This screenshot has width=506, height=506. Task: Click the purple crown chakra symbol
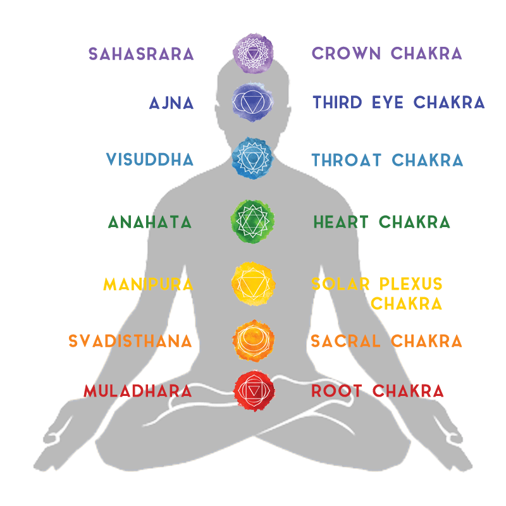(x=253, y=53)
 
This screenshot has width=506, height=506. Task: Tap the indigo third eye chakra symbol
(x=253, y=102)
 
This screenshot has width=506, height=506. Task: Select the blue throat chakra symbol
(x=252, y=158)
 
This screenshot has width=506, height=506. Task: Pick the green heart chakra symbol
(x=252, y=221)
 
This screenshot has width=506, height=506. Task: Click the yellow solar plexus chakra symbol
(x=254, y=284)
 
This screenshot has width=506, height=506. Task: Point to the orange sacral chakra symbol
(x=254, y=340)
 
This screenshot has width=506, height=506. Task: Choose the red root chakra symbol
(x=254, y=391)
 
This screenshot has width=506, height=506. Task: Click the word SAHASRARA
(x=141, y=54)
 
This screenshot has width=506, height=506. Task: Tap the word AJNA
(x=171, y=103)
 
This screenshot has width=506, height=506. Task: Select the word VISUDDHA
(x=150, y=159)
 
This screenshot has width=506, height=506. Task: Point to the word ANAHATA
(x=150, y=222)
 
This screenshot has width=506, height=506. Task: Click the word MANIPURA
(x=148, y=284)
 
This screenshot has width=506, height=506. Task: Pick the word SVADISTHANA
(x=130, y=341)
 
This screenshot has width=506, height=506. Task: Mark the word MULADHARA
(x=138, y=391)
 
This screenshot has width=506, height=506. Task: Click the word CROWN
(x=346, y=53)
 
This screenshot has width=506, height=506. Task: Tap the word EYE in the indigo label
(x=388, y=102)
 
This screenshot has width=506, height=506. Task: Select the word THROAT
(x=346, y=160)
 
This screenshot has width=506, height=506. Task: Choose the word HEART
(x=341, y=222)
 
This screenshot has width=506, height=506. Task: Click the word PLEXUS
(x=410, y=283)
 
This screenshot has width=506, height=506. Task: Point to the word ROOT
(x=336, y=391)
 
